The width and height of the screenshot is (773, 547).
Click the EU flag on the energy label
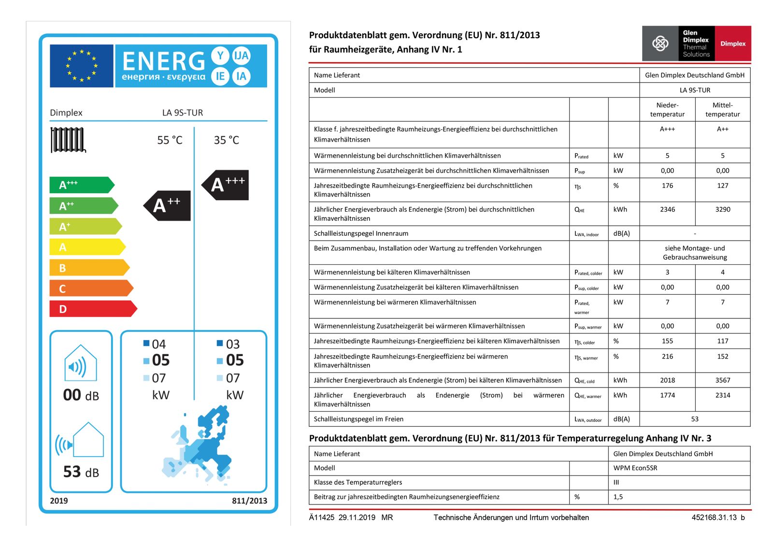click(x=81, y=66)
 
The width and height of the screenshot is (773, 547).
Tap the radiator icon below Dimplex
click(x=68, y=140)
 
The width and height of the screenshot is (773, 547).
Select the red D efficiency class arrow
click(x=92, y=309)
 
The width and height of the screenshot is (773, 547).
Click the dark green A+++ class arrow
click(x=81, y=185)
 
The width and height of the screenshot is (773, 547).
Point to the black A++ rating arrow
click(x=167, y=206)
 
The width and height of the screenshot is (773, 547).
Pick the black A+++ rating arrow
click(x=226, y=185)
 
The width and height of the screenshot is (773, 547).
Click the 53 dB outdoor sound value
click(x=81, y=472)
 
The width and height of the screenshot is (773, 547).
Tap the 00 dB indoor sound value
click(x=81, y=395)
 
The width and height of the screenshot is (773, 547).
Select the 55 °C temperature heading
click(x=170, y=140)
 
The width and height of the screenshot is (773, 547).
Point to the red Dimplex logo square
click(x=732, y=43)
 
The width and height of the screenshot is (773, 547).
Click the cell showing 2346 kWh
click(x=667, y=209)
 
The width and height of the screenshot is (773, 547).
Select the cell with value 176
click(x=667, y=186)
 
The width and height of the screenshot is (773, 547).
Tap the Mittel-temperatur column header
click(x=722, y=110)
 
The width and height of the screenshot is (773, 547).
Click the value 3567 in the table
click(x=722, y=380)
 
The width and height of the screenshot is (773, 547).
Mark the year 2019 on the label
click(x=59, y=501)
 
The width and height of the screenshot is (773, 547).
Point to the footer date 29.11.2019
click(x=357, y=518)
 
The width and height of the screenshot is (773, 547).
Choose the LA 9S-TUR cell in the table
click(x=694, y=90)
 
